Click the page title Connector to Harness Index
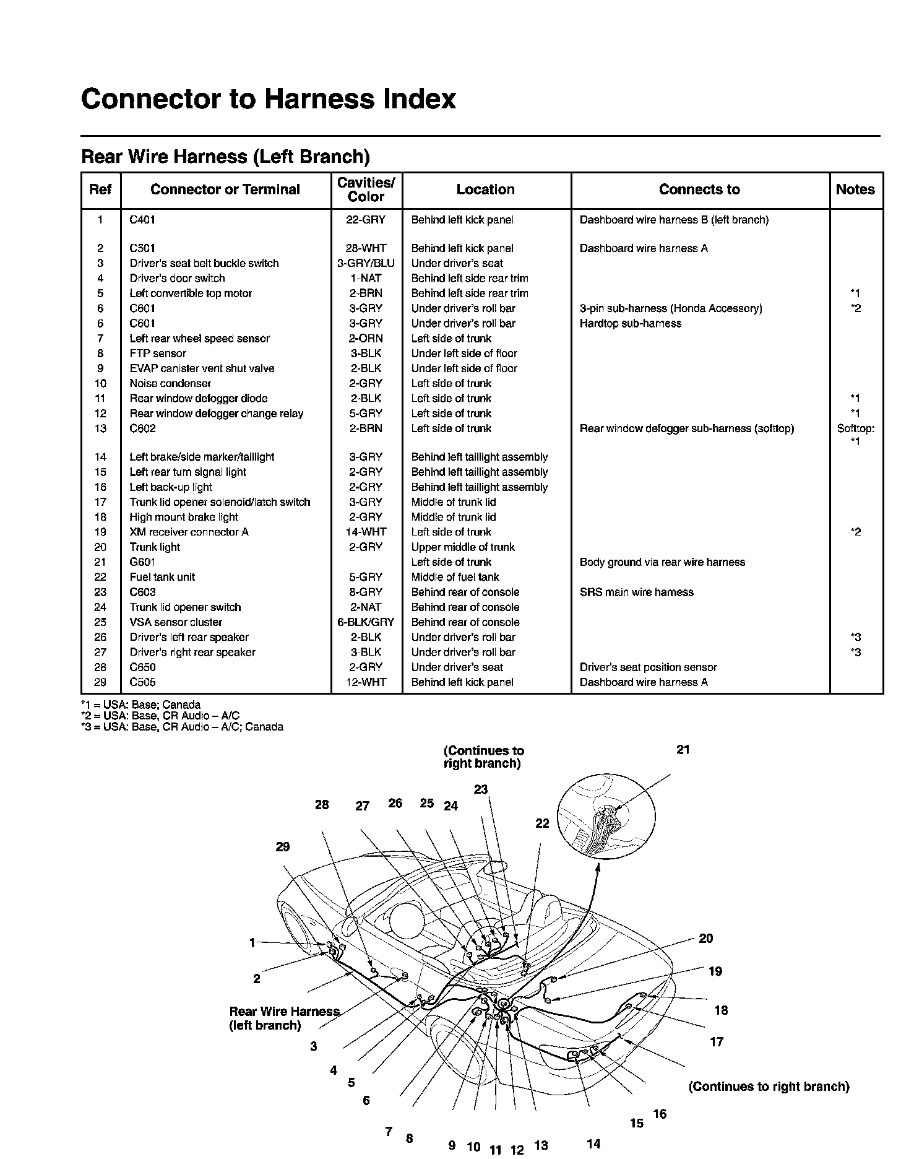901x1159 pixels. tap(268, 99)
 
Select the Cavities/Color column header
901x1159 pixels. tap(366, 190)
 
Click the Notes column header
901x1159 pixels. tap(855, 190)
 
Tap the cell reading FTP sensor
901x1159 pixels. tap(158, 354)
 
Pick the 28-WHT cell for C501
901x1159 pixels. tap(366, 248)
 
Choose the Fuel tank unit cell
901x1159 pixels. tap(162, 577)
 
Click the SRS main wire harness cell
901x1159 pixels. tap(636, 593)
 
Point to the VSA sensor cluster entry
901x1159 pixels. tap(176, 622)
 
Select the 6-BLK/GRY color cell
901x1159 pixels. tap(366, 622)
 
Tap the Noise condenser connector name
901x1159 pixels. tap(170, 384)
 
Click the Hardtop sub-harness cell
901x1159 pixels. tap(630, 323)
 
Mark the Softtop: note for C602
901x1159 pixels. tap(855, 428)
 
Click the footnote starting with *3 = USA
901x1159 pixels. tap(182, 727)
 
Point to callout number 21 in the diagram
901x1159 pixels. tap(683, 750)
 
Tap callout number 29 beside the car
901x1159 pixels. tap(283, 847)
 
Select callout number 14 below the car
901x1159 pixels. tap(593, 1144)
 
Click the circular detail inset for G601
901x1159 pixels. tap(606, 815)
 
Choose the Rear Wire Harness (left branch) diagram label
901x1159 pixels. tap(284, 1018)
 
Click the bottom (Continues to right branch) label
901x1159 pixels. tap(769, 1087)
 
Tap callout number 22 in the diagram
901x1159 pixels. tap(542, 823)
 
